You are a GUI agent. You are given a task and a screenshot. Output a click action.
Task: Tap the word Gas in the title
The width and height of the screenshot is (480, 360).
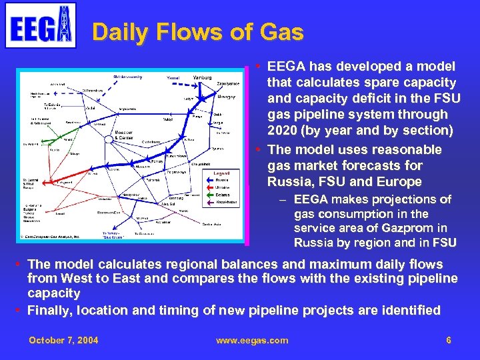(281, 32)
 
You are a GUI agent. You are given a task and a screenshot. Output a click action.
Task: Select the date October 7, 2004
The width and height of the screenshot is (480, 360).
(63, 341)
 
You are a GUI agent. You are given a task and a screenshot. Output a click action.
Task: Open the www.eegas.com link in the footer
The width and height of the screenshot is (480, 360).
(252, 341)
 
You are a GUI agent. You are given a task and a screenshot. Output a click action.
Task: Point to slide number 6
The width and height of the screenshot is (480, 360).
(449, 341)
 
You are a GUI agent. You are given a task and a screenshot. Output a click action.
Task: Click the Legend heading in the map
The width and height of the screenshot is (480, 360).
(222, 172)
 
